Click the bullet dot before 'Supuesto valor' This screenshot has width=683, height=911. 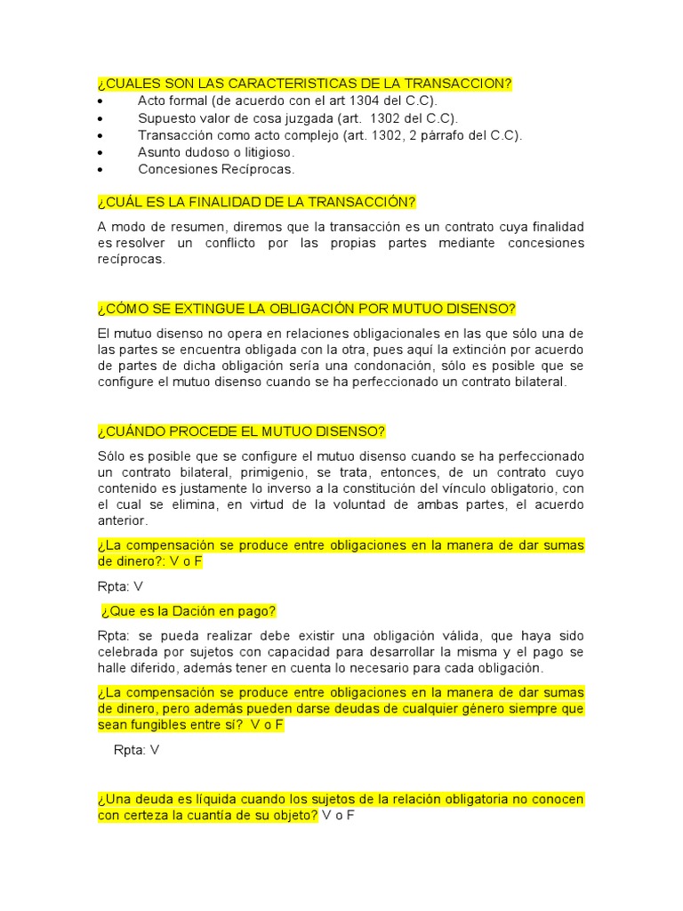pyautogui.click(x=100, y=118)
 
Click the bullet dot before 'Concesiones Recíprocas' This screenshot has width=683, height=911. pyautogui.click(x=100, y=169)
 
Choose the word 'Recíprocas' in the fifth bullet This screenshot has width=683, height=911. pyautogui.click(x=260, y=169)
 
